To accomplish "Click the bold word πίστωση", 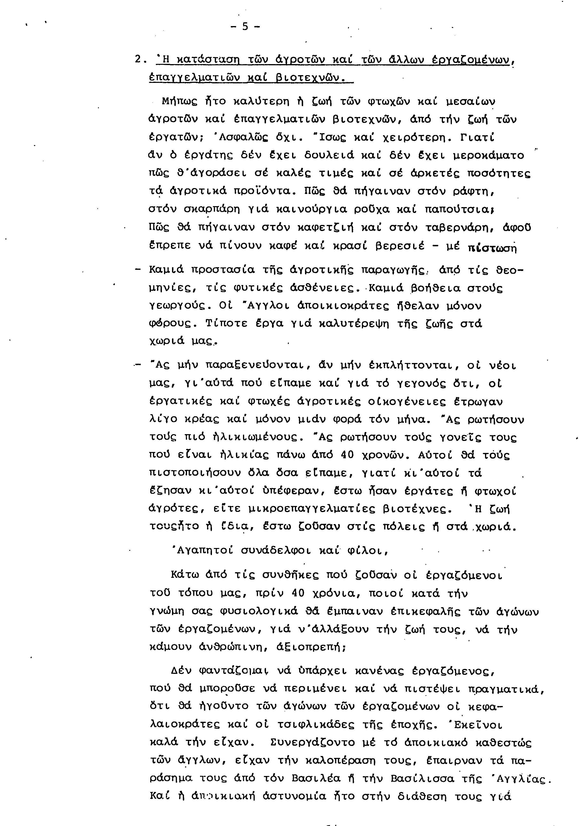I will click(492, 248).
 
